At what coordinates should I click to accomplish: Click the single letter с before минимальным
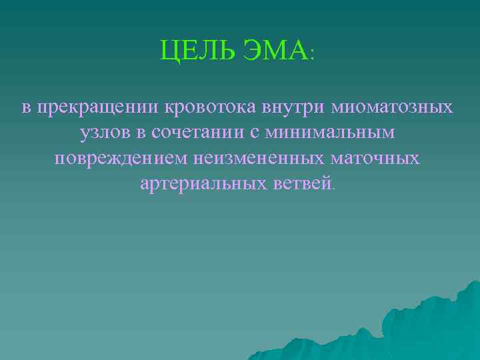(254, 133)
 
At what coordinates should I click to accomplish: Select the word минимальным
(329, 133)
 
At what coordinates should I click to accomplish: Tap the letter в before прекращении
(26, 108)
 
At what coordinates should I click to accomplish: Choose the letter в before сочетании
(140, 133)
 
